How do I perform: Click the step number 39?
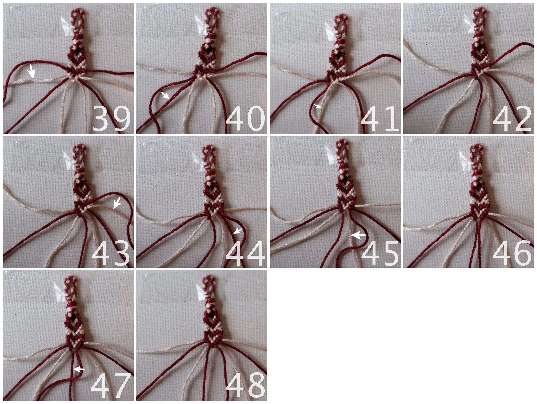tap(111, 118)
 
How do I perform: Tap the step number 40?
tap(245, 118)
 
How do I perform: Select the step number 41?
tap(380, 118)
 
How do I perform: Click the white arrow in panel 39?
tap(32, 71)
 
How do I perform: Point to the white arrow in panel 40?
tap(165, 95)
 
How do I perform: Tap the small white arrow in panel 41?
tap(318, 106)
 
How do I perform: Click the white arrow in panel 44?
tap(238, 231)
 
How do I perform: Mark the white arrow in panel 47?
tap(79, 369)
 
